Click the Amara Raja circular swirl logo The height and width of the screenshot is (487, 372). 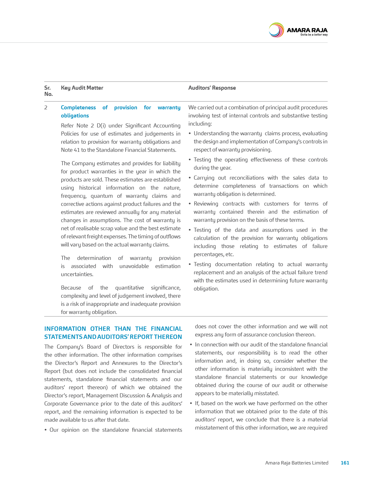[x=276, y=30]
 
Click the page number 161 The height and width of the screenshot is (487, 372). [x=345, y=463]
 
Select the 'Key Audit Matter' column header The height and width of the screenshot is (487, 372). [x=82, y=88]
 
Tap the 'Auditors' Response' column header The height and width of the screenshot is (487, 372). [x=212, y=88]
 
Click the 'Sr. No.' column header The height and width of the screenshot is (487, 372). [x=48, y=91]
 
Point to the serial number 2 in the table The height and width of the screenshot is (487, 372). [x=46, y=107]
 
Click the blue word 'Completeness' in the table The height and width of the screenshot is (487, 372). [x=78, y=107]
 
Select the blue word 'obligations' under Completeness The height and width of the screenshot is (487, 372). [x=75, y=116]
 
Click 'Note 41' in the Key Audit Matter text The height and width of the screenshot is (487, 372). [x=70, y=150]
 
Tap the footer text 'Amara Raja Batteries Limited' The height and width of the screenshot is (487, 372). [x=296, y=463]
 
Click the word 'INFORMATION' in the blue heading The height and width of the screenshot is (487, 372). [x=65, y=329]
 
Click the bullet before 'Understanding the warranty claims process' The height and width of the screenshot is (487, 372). [x=190, y=134]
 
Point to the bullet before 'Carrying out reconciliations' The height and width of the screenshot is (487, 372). [x=190, y=178]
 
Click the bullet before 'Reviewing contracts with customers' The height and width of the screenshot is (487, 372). [x=190, y=204]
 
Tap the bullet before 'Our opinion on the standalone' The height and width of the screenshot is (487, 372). [x=46, y=430]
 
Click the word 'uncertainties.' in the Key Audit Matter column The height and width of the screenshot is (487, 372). [x=77, y=274]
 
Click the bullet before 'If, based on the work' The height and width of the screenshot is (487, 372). [x=191, y=404]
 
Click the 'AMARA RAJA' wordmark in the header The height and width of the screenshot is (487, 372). [x=307, y=30]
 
